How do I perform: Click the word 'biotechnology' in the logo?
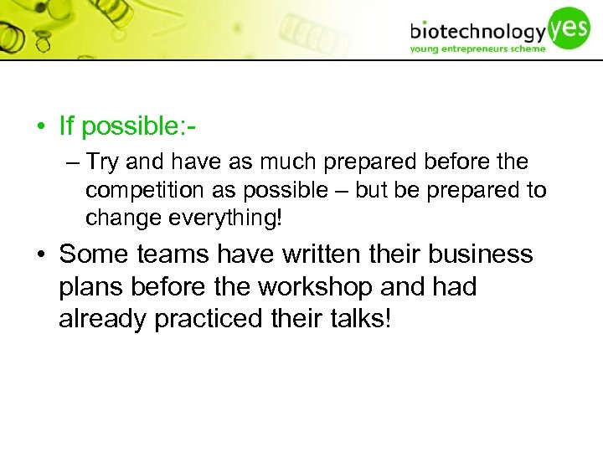click(x=477, y=32)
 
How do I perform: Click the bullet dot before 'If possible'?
click(x=40, y=127)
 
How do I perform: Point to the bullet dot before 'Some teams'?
click(x=40, y=254)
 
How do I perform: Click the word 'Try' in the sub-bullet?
click(x=102, y=162)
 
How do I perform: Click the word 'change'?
click(x=115, y=218)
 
